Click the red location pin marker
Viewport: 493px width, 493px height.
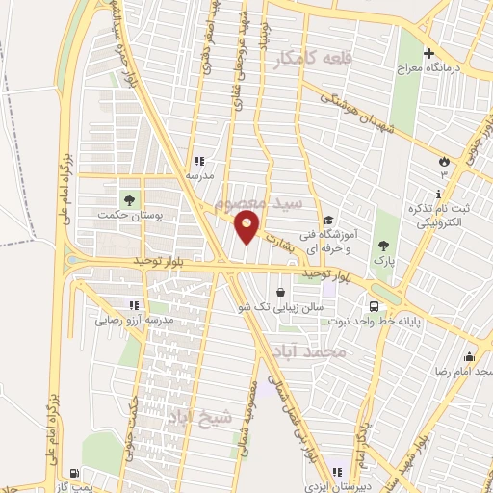click(x=247, y=227)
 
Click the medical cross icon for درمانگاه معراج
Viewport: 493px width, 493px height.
click(x=429, y=53)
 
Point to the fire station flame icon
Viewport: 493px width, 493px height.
click(x=444, y=162)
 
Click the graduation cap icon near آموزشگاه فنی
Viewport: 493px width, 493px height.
click(x=328, y=220)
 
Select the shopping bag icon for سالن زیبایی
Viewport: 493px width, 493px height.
click(x=280, y=292)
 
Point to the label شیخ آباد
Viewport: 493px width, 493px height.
click(x=202, y=419)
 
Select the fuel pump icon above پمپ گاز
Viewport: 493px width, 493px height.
click(x=74, y=472)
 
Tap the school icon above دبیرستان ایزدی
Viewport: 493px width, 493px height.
click(x=336, y=471)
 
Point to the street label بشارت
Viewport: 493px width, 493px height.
click(x=276, y=237)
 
